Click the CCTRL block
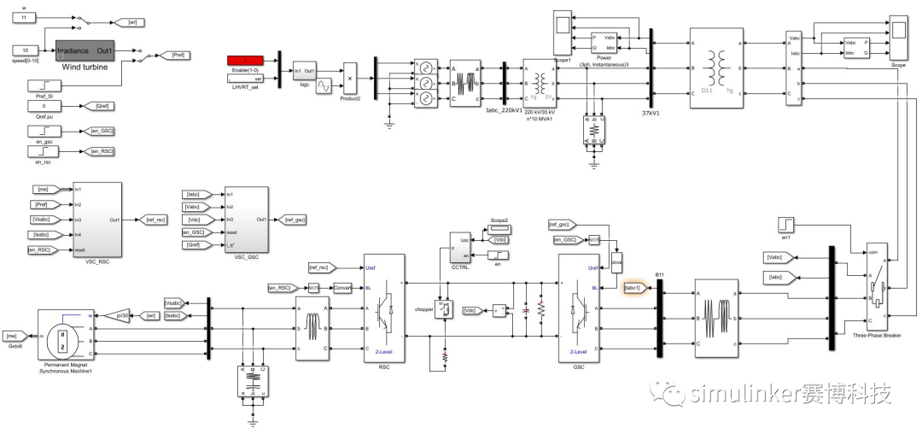click(x=459, y=249)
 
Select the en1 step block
click(x=785, y=225)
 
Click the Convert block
click(x=342, y=287)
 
